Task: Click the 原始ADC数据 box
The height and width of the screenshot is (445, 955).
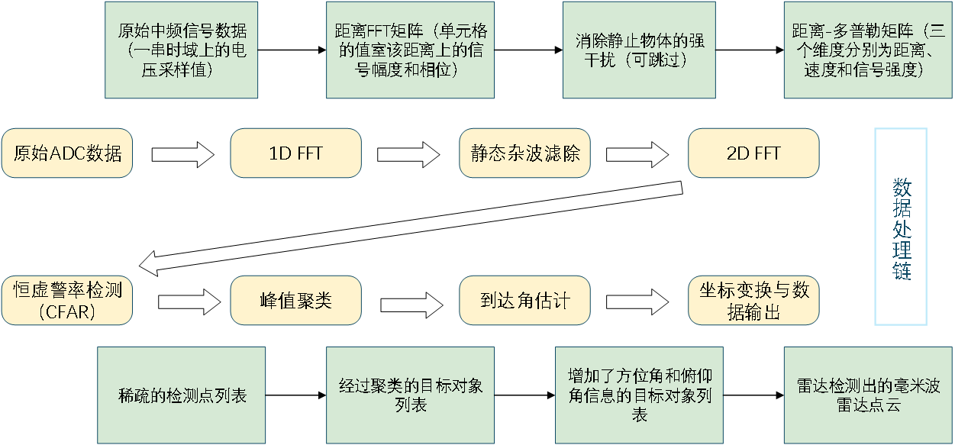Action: (x=67, y=153)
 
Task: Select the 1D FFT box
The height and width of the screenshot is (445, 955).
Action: (x=296, y=153)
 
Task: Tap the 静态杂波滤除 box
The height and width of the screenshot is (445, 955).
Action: (x=524, y=153)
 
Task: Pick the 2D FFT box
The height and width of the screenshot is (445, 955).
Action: (x=753, y=153)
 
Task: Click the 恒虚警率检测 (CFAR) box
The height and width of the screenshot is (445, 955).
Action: (x=67, y=301)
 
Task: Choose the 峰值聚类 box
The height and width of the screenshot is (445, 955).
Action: (x=296, y=301)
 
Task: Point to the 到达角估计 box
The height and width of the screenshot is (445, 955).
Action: (x=524, y=301)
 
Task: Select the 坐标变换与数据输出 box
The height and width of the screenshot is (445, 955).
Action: (x=753, y=301)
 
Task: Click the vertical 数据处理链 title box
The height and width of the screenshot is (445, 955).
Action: (x=901, y=227)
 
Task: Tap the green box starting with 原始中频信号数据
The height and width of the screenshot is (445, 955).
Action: (x=181, y=50)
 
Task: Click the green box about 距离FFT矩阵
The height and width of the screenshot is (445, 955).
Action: (x=410, y=50)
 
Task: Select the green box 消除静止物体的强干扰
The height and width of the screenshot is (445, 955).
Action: (x=639, y=50)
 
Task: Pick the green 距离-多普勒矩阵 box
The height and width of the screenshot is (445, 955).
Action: (x=868, y=50)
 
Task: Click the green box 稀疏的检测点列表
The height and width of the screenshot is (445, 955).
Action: (x=181, y=395)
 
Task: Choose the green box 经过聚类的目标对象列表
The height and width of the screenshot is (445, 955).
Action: (x=410, y=395)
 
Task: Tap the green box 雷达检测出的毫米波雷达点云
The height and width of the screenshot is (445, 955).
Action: (x=868, y=395)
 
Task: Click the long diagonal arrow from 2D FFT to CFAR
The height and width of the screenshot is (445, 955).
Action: (x=411, y=229)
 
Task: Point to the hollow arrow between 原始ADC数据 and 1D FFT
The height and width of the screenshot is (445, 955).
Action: (x=183, y=154)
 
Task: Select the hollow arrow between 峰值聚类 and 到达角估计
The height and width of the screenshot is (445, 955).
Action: (x=411, y=305)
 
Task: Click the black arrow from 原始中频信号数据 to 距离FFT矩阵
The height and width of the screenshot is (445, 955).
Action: (x=292, y=50)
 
